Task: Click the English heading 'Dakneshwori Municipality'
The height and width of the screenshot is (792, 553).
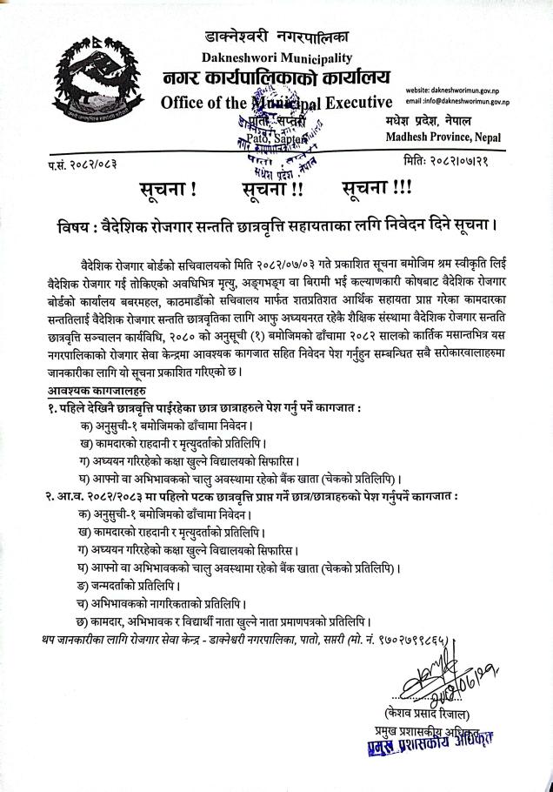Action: pos(276,58)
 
